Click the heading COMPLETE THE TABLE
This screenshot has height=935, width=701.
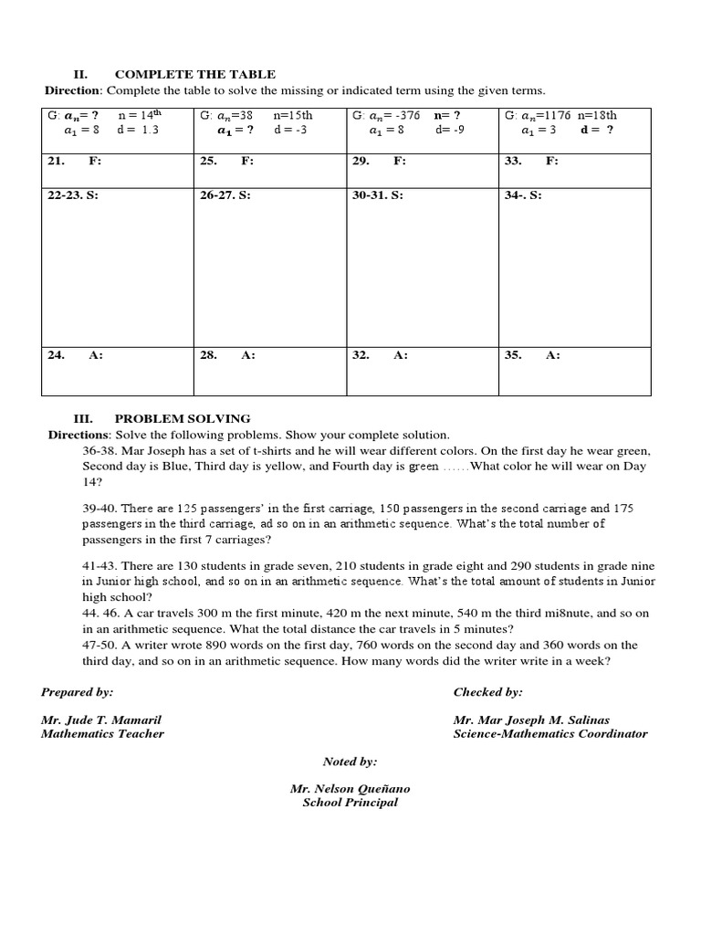[194, 74]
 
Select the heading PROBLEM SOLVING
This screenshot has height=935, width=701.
[182, 418]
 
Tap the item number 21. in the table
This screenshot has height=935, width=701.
[56, 161]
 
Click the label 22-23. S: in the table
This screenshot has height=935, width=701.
[73, 195]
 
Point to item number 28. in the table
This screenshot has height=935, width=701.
[207, 355]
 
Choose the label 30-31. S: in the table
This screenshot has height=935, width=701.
[377, 195]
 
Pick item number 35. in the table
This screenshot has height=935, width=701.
[512, 355]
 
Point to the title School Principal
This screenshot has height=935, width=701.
[350, 803]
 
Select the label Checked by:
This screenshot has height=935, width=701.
[487, 692]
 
